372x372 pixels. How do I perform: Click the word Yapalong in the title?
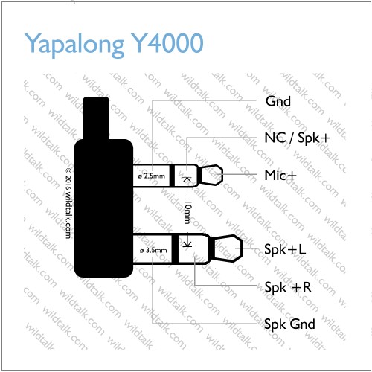74,44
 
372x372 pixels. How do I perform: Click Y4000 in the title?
168,42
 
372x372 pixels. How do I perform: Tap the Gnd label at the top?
278,101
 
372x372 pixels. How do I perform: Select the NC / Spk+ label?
298,138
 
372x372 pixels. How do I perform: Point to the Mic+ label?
280,175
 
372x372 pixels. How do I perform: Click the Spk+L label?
285,249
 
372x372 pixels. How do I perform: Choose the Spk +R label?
288,287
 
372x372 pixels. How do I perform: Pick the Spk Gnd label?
289,324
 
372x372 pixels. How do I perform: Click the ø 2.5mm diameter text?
152,176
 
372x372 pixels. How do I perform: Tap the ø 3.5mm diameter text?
153,250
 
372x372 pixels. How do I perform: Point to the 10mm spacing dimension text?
188,212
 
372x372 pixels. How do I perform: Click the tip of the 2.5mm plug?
211,175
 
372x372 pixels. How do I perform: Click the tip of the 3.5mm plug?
228,248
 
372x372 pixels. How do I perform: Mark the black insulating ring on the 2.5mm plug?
172,176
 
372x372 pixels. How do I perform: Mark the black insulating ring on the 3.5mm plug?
175,248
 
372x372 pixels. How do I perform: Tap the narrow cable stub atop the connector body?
96,118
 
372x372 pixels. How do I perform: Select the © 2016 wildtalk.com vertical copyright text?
68,203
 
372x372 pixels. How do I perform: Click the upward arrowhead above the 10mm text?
187,181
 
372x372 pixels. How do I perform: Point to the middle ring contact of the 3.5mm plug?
194,248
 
